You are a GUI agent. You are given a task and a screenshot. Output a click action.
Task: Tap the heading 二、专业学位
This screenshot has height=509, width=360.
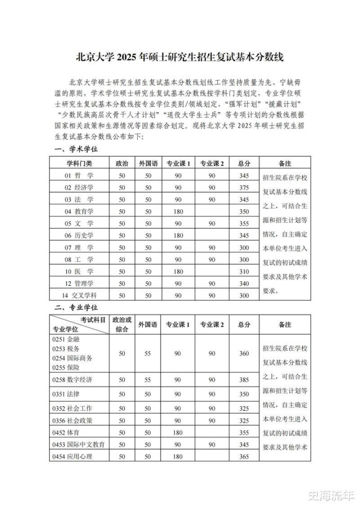click(76, 307)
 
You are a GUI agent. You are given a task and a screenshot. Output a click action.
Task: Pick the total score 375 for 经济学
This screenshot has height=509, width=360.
click(244, 188)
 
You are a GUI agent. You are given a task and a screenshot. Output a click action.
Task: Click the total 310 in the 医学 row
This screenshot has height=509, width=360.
click(244, 272)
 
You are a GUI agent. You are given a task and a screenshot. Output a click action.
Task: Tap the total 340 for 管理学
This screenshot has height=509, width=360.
click(244, 284)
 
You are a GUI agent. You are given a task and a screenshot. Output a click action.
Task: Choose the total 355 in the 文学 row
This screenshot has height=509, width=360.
click(244, 224)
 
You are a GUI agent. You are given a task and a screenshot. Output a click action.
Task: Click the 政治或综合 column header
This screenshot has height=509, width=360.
click(122, 324)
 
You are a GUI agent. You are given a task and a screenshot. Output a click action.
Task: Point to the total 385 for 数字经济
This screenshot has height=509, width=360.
click(244, 380)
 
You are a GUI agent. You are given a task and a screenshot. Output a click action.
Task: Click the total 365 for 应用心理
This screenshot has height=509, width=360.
click(244, 456)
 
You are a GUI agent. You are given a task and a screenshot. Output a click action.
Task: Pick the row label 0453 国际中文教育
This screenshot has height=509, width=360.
click(79, 444)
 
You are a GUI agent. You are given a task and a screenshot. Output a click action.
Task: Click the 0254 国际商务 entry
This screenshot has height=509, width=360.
click(72, 358)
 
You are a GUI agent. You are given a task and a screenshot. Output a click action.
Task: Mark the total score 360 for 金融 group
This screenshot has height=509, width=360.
click(244, 353)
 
